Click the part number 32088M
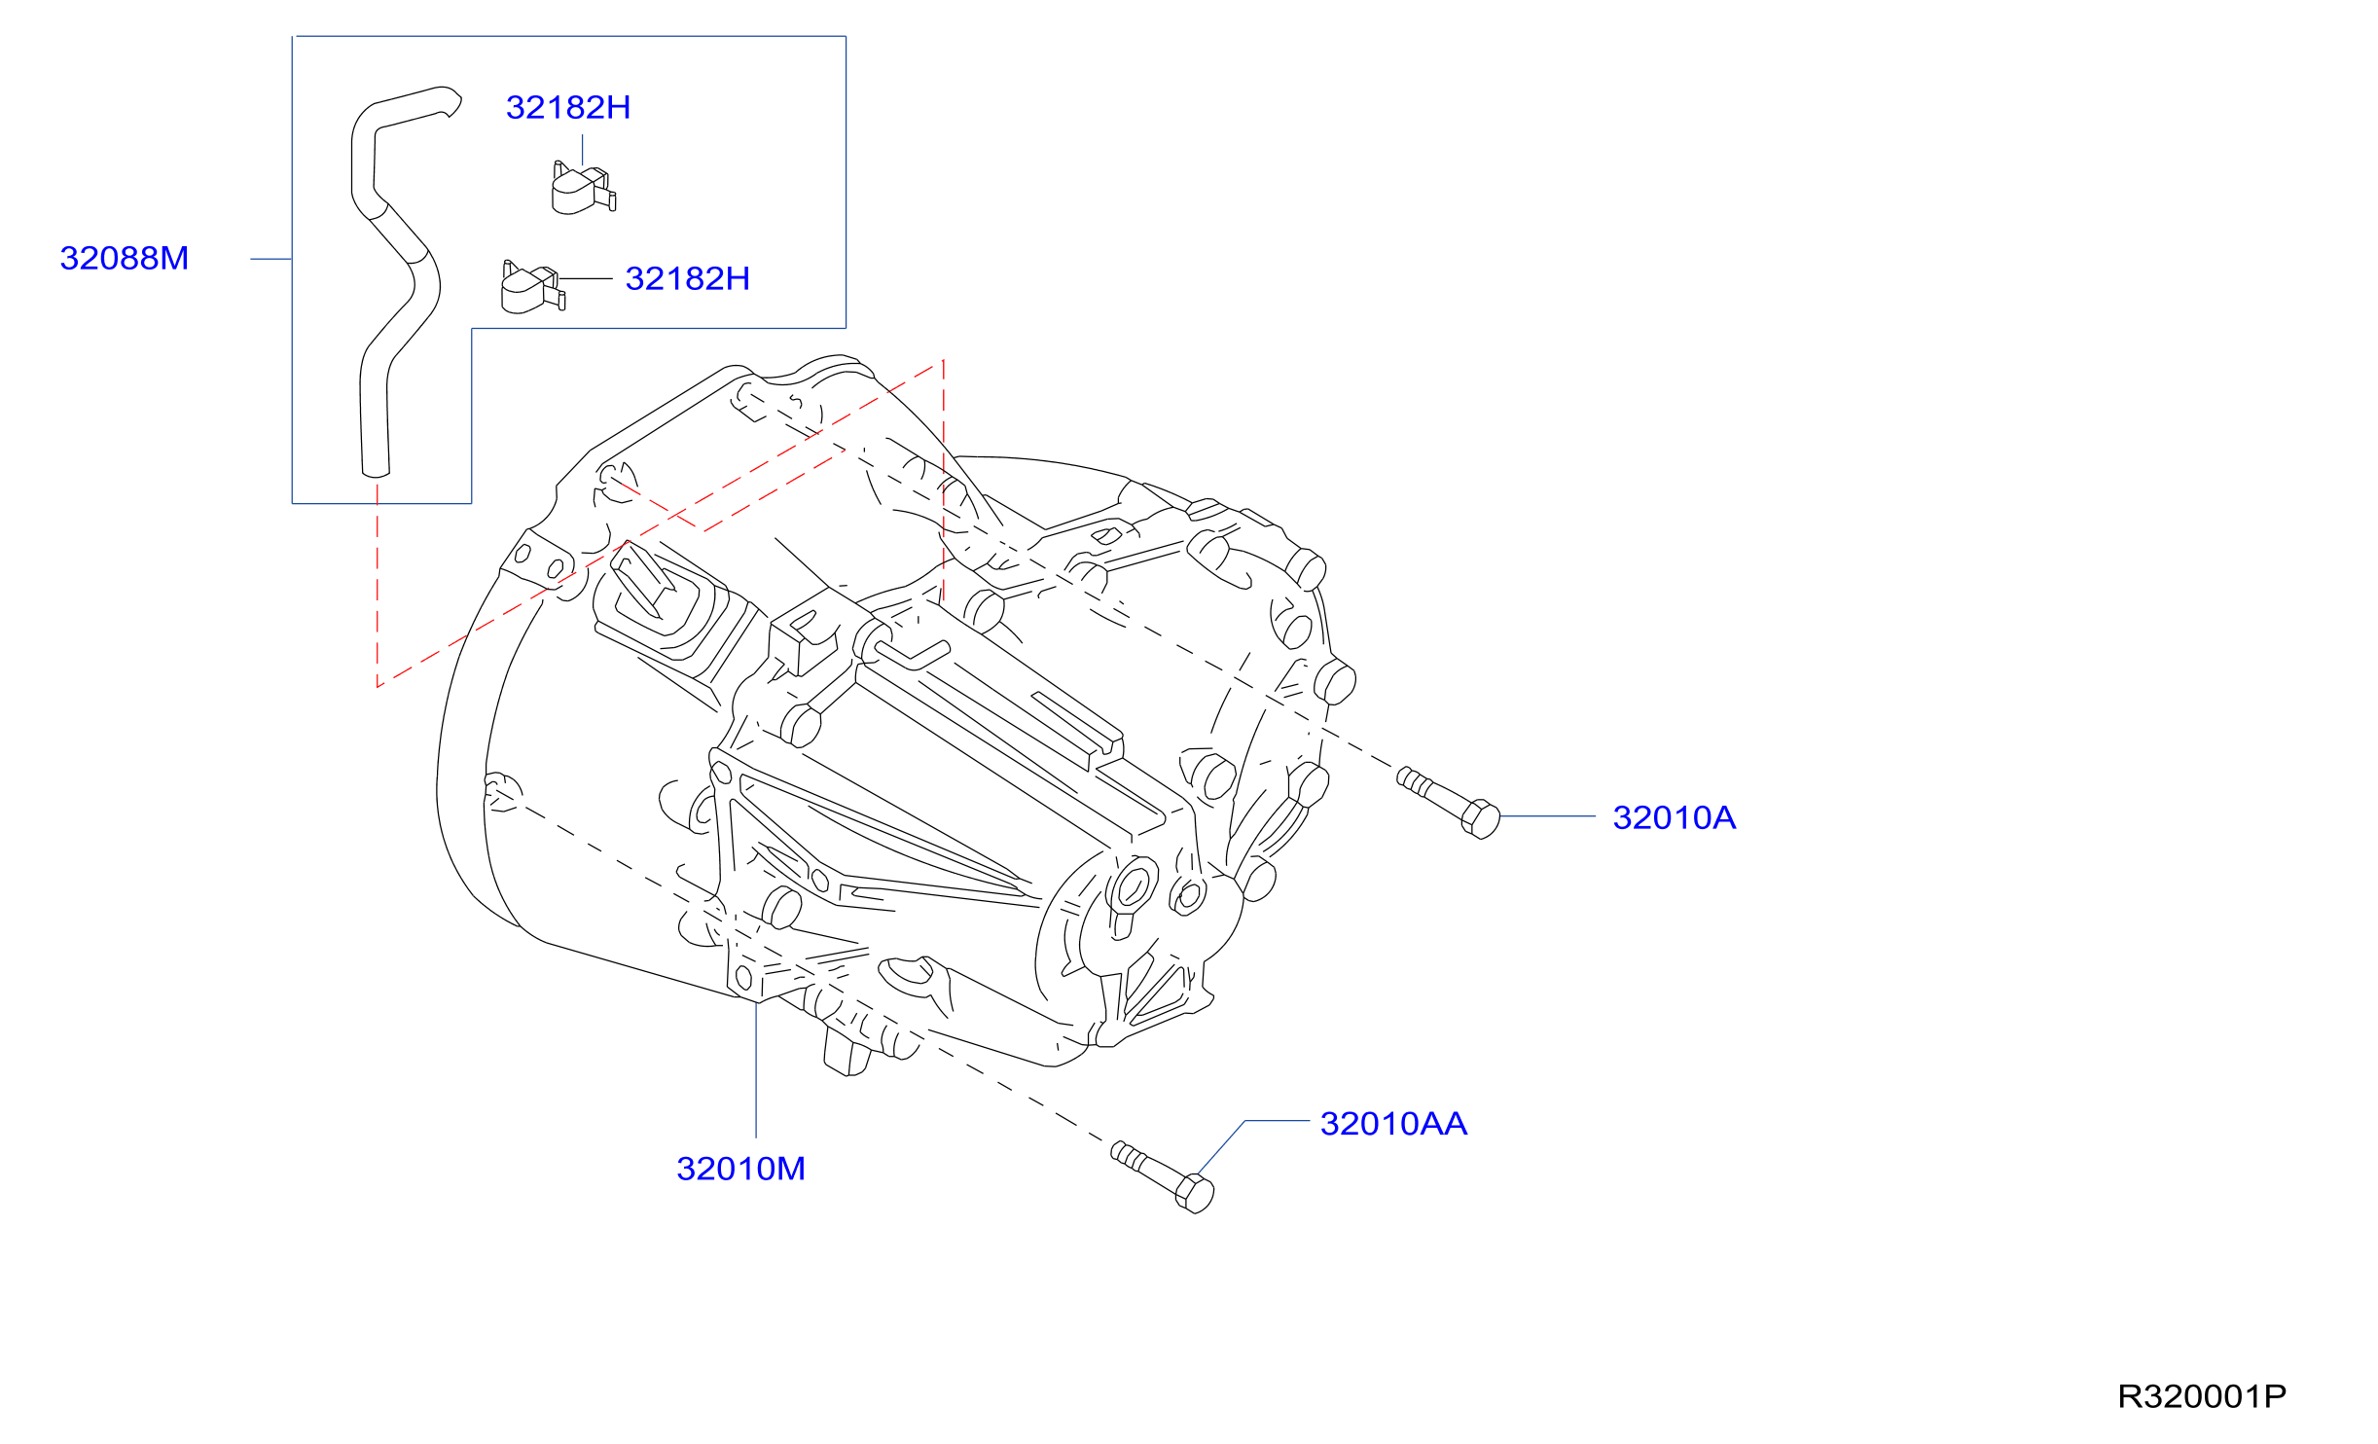click(124, 258)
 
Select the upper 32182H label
click(568, 107)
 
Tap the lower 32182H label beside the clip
click(687, 278)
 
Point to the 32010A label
click(1674, 817)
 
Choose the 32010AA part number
click(1393, 1124)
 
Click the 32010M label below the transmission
click(740, 1169)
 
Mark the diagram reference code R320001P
click(2202, 1396)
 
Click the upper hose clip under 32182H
click(583, 188)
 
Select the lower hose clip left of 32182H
click(532, 287)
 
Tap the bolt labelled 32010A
click(1448, 802)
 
